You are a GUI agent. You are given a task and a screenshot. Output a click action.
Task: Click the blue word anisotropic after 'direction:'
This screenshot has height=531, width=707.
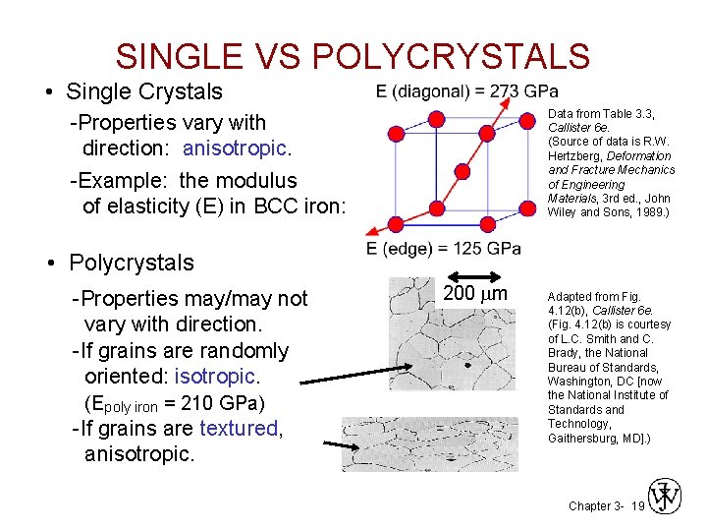coord(234,148)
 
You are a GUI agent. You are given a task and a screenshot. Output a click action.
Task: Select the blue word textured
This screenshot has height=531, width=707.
coord(239,429)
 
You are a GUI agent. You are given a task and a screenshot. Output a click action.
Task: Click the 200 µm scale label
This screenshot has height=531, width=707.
coord(475,295)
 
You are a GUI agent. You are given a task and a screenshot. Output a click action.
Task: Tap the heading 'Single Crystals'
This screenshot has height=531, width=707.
coord(144,91)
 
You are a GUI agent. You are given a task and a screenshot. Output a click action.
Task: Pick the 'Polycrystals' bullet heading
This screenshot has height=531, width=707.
coord(130,263)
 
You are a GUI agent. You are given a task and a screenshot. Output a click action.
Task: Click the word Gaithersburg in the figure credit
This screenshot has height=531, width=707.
coord(584,438)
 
